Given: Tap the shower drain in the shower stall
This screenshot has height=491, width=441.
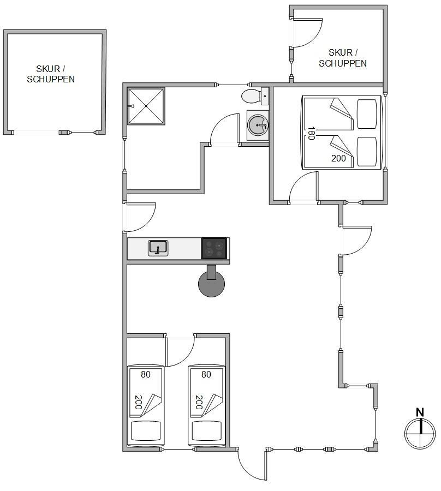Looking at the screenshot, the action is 146,106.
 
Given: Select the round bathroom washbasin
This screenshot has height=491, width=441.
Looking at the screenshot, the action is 258,125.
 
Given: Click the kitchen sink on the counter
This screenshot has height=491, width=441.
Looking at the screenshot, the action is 158,248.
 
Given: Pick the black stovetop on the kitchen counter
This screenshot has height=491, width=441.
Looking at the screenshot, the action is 214,248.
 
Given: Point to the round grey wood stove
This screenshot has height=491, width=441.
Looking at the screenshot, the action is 211,284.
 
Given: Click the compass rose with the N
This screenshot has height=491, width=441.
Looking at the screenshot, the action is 420,429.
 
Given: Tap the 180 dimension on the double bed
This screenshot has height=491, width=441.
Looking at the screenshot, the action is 311,133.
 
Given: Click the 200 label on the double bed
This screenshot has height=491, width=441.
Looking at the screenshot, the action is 338,158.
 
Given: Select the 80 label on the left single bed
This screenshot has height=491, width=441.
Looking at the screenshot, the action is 146,374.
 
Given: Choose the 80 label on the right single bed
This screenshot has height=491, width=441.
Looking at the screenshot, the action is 206,374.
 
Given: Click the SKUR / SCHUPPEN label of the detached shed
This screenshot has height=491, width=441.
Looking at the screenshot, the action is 51,74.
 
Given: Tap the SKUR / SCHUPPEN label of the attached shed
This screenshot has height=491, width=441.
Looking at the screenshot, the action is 343,58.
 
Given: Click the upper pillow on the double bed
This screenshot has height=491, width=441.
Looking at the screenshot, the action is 367,114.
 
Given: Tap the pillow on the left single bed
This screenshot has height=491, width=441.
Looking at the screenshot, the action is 146,431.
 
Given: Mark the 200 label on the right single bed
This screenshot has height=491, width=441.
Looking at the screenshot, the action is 199,403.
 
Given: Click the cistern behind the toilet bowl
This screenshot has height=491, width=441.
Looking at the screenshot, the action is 265,96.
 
